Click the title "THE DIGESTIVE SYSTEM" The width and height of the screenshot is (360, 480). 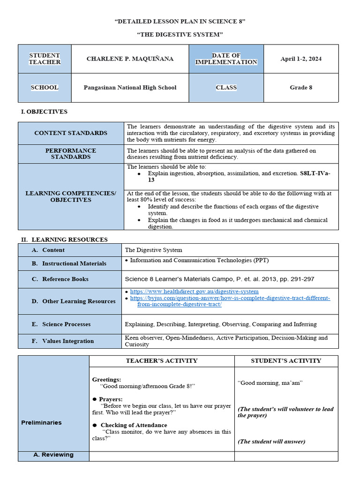pos(180,35)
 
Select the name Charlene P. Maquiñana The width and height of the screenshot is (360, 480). pos(130,59)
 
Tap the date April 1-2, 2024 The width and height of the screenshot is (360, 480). pos(301,59)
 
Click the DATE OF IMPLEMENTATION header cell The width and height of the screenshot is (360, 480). pos(226,59)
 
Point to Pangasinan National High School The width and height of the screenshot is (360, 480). pos(130,88)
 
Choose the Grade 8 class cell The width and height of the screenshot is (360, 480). pos(301,88)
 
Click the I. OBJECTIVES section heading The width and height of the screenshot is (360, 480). pos(45,112)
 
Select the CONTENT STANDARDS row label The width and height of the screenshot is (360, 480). pos(71,133)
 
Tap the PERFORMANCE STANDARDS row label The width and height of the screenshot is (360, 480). pos(71,154)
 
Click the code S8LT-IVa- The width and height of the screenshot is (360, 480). pos(315,173)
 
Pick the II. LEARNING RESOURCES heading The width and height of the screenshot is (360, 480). pos(64,240)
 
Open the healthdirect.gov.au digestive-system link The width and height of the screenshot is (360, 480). pos(194,292)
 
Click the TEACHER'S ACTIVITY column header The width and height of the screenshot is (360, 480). pos(162,361)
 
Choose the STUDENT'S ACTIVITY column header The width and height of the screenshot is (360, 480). pos(286,361)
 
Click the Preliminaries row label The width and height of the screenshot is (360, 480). pos(41,423)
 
